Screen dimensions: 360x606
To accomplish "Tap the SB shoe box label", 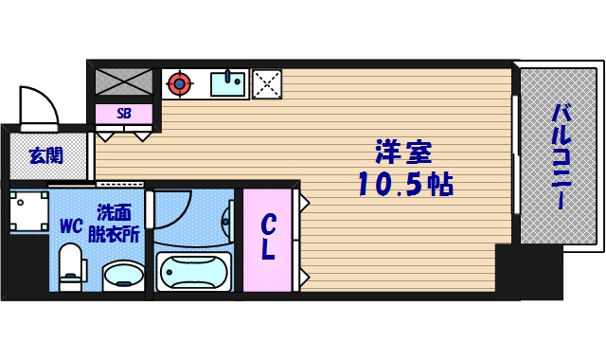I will point(124,113).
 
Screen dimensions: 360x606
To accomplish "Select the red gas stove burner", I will point(177,84).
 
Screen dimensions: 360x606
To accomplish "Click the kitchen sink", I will point(227,84).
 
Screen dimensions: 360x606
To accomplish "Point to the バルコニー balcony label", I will point(561,156).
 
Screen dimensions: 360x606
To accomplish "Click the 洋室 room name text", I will point(404,152).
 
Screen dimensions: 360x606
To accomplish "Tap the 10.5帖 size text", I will point(404,184).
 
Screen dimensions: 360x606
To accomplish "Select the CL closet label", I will point(270,239).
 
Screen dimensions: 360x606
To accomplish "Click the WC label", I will point(71,226).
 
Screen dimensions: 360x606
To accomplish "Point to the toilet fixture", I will point(71,268).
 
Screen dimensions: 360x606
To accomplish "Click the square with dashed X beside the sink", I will point(266,84).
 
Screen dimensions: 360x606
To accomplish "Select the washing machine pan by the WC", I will point(28,211).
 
